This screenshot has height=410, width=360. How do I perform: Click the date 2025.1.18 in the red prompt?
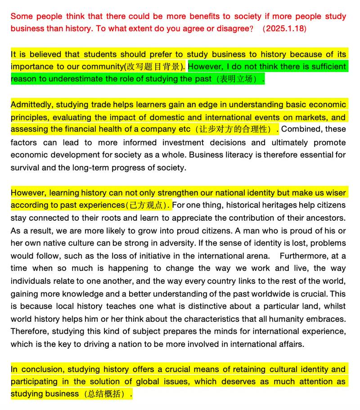[285, 28]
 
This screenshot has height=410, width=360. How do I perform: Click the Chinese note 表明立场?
[238, 79]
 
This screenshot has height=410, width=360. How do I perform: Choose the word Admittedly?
[31, 105]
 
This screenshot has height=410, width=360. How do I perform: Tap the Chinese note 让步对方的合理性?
[234, 130]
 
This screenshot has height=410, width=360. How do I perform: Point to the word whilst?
[334, 306]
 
